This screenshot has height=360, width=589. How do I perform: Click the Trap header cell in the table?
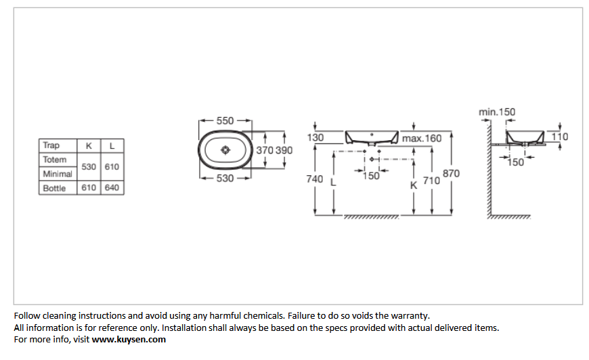click(x=51, y=145)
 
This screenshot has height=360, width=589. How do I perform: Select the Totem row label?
click(x=54, y=160)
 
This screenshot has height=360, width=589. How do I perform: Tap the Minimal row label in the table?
click(x=58, y=174)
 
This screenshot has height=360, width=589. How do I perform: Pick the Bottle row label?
click(x=54, y=188)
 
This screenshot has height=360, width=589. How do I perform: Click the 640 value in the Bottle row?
click(x=112, y=187)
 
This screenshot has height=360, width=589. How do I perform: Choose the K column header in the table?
click(x=89, y=145)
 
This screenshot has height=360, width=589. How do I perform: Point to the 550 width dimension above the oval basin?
click(x=225, y=121)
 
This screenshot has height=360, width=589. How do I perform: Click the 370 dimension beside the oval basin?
click(x=265, y=150)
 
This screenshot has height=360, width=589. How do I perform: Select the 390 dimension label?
click(x=284, y=150)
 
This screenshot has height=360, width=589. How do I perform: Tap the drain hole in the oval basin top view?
click(x=225, y=150)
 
